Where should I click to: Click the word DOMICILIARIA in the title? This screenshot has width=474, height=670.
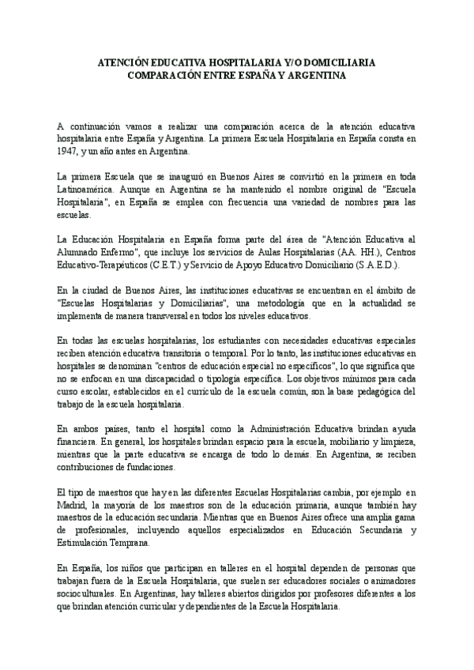(339, 62)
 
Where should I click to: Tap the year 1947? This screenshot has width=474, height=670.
(69, 149)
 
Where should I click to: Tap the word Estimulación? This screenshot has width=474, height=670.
(85, 543)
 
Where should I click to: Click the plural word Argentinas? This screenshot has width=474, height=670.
(143, 594)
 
